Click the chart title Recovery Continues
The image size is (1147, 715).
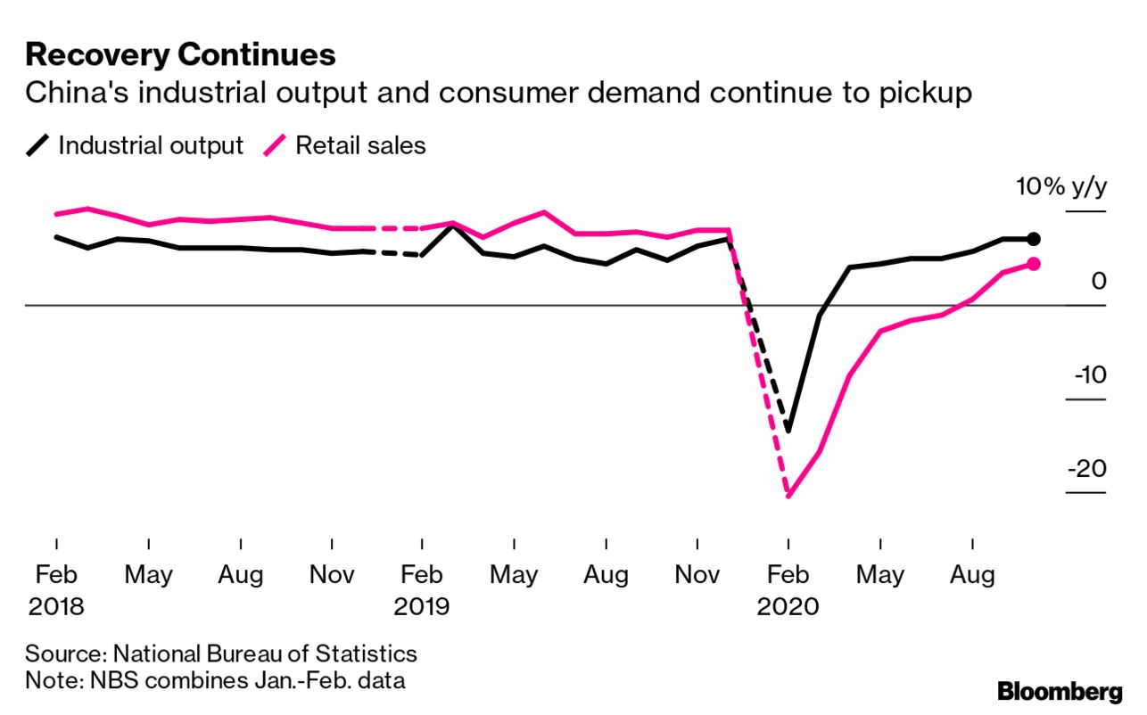point(180,55)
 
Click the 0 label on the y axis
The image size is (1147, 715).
point(1099,282)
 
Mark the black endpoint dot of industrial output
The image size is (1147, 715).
point(1034,238)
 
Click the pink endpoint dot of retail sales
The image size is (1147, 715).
point(1034,264)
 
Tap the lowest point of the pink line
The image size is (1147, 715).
point(788,496)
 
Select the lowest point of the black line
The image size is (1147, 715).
point(788,431)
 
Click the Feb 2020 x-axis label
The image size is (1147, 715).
point(788,590)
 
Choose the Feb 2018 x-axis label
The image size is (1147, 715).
point(56,590)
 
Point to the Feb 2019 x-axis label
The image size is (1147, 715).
point(422,590)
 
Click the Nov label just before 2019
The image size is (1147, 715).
point(332,575)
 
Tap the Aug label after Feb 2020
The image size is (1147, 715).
point(972,575)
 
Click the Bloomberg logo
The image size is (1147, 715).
point(1060,691)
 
